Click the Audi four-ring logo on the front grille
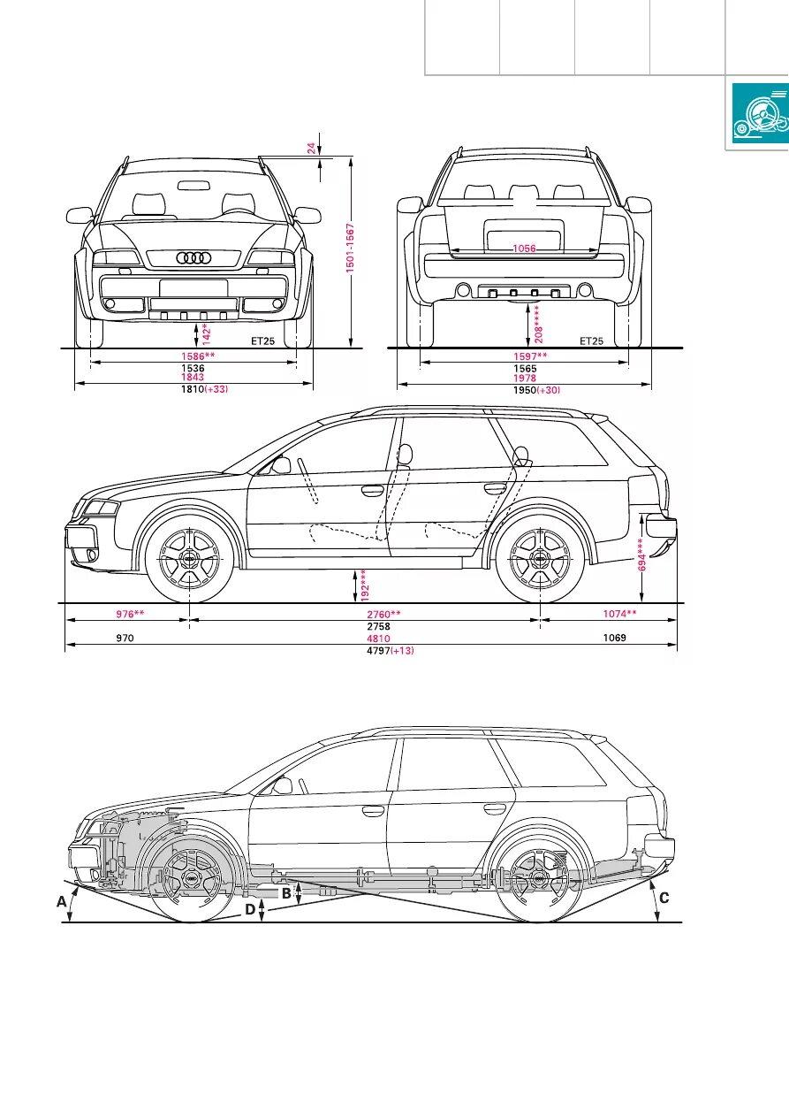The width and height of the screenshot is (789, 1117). tap(193, 258)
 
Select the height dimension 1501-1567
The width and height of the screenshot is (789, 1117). tap(350, 248)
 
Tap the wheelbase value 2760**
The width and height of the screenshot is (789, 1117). tap(383, 615)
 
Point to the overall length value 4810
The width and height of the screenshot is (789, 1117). tap(378, 639)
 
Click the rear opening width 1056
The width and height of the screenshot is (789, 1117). tap(524, 249)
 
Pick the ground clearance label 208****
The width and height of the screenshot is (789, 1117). tap(538, 324)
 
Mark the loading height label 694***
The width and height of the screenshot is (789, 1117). tap(642, 554)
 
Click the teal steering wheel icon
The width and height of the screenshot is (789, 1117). tap(760, 112)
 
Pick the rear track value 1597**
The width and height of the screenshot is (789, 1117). tap(530, 356)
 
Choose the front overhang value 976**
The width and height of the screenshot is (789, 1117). tap(130, 614)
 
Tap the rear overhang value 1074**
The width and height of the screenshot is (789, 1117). tap(619, 614)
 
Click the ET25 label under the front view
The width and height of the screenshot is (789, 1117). tap(262, 341)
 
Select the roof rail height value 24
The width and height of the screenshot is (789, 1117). tap(311, 148)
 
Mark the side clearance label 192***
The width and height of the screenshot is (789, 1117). tap(365, 586)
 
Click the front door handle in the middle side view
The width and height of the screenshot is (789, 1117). tap(373, 490)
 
